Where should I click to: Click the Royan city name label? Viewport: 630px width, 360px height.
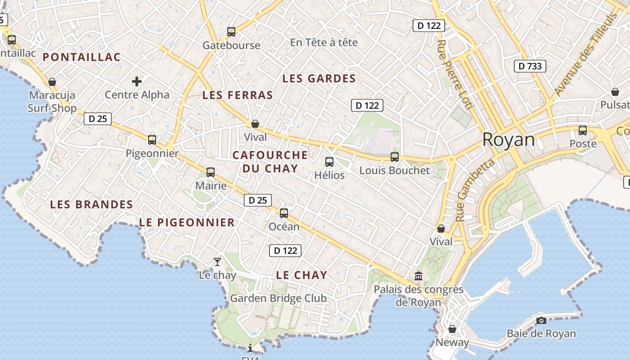click(508, 140)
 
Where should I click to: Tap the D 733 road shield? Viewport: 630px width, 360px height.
click(530, 66)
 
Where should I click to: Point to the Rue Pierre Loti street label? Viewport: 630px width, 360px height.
click(455, 75)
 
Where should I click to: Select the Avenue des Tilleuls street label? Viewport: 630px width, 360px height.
click(585, 54)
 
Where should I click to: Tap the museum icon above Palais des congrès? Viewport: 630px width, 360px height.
click(418, 275)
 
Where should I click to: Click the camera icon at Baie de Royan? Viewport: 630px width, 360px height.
click(541, 320)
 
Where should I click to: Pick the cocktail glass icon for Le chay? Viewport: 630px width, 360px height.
click(217, 261)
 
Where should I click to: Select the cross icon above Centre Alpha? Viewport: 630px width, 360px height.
click(137, 81)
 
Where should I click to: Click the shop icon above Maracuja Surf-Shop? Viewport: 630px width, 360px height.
click(52, 82)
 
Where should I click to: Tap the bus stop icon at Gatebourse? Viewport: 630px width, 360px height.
click(231, 32)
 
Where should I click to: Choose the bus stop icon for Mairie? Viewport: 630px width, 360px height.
click(211, 172)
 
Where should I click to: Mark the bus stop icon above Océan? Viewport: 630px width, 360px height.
click(284, 213)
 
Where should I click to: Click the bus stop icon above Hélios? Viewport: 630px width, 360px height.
click(329, 162)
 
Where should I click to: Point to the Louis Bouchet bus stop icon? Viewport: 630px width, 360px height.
click(395, 157)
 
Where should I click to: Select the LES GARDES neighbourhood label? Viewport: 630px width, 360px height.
click(319, 79)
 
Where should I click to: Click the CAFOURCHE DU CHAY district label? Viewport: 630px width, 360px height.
click(270, 162)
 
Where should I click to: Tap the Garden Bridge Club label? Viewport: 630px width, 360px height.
click(278, 298)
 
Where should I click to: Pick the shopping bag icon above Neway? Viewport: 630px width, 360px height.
click(452, 329)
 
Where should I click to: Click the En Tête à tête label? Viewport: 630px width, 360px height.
click(324, 42)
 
